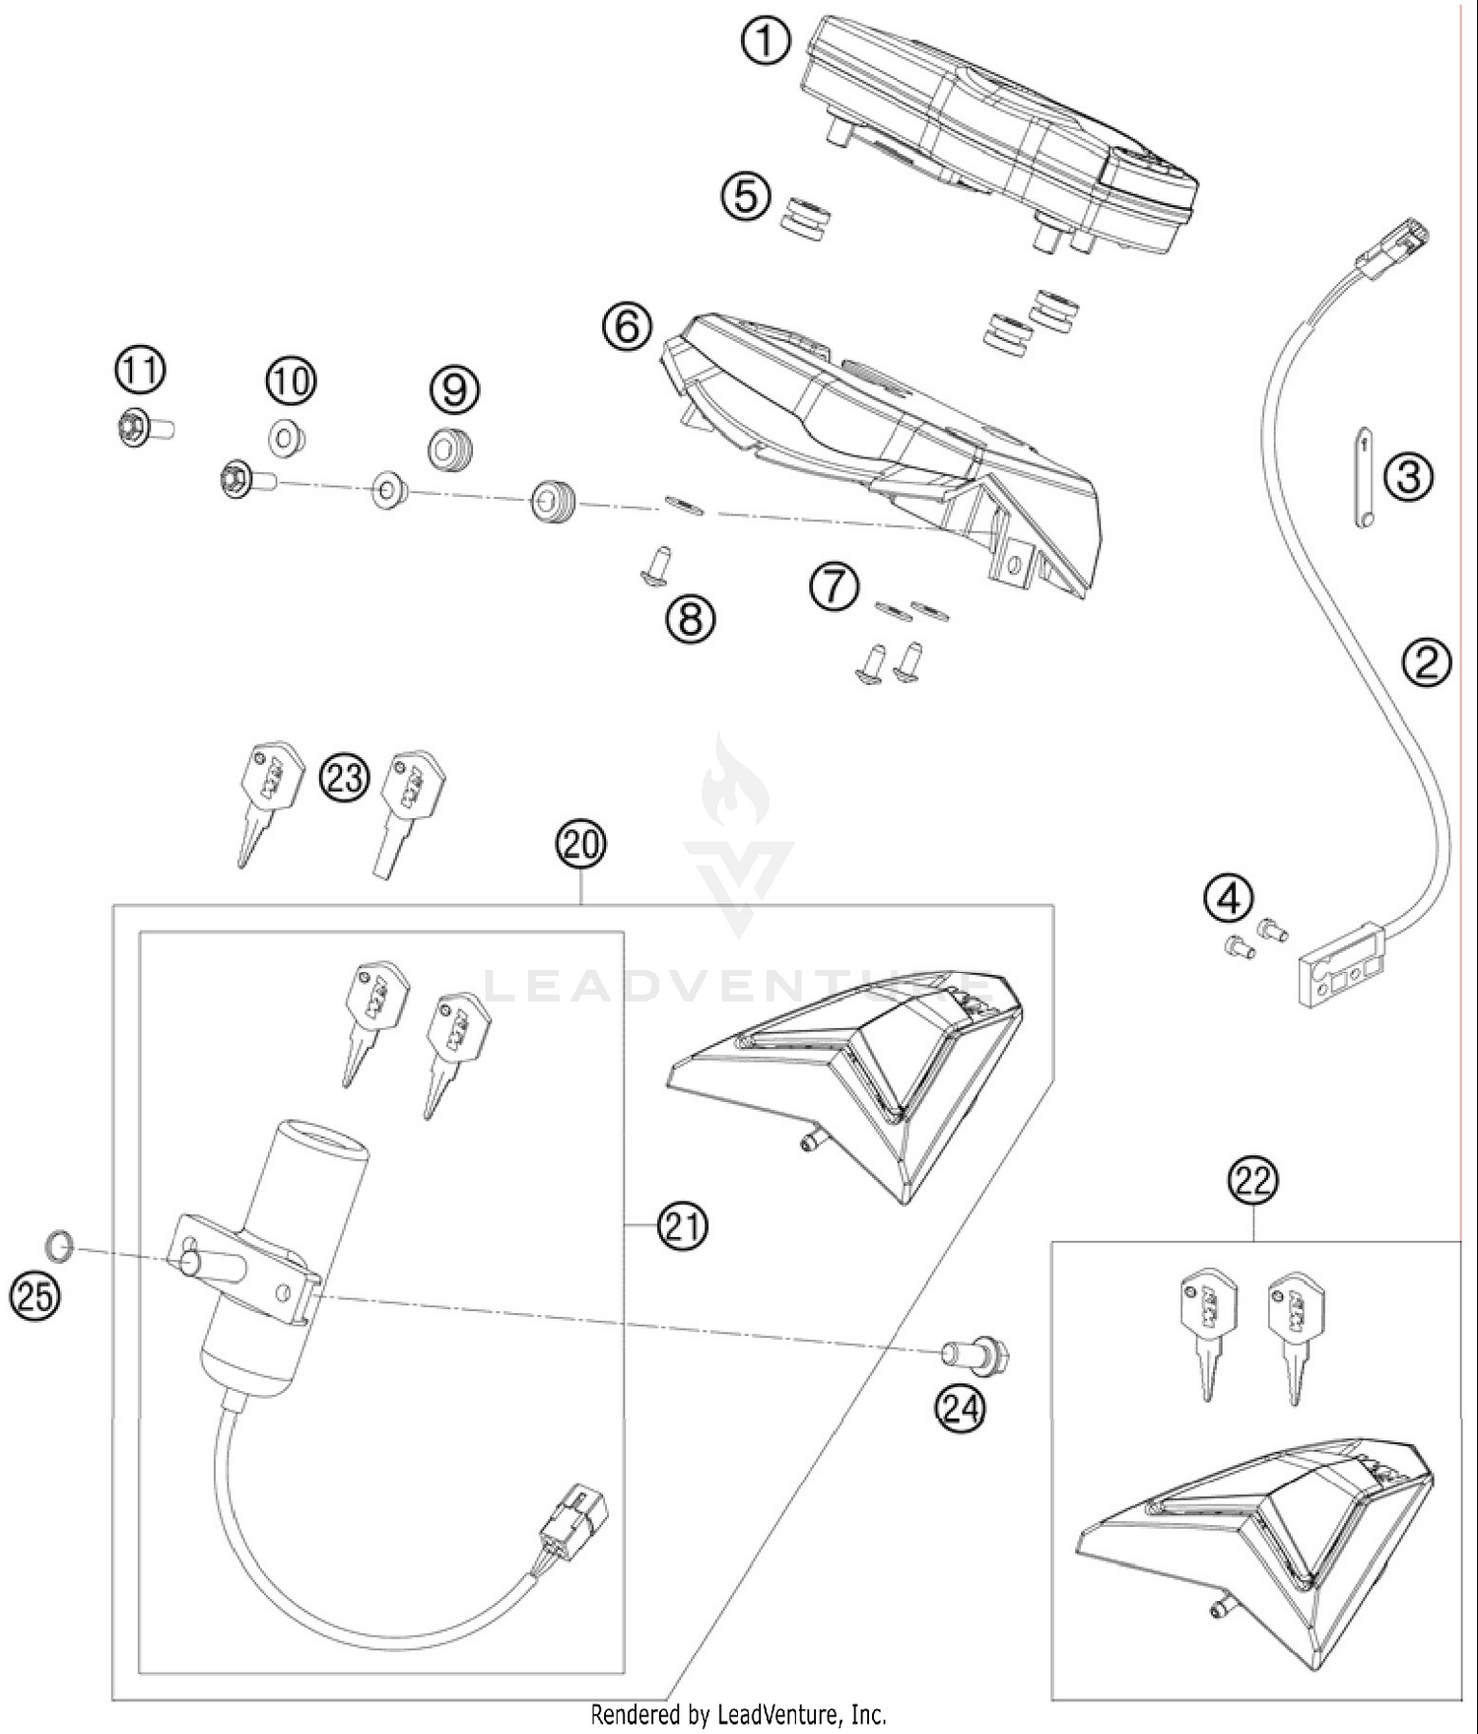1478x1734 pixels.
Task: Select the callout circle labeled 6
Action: pyautogui.click(x=628, y=326)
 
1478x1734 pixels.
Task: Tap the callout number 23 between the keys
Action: pyautogui.click(x=344, y=778)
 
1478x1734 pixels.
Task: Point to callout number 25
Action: pyautogui.click(x=35, y=1295)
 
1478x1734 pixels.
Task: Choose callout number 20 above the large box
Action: pyautogui.click(x=580, y=845)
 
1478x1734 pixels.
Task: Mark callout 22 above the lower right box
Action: pyautogui.click(x=1253, y=1181)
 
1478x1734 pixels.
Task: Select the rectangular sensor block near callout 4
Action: pyautogui.click(x=1340, y=964)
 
